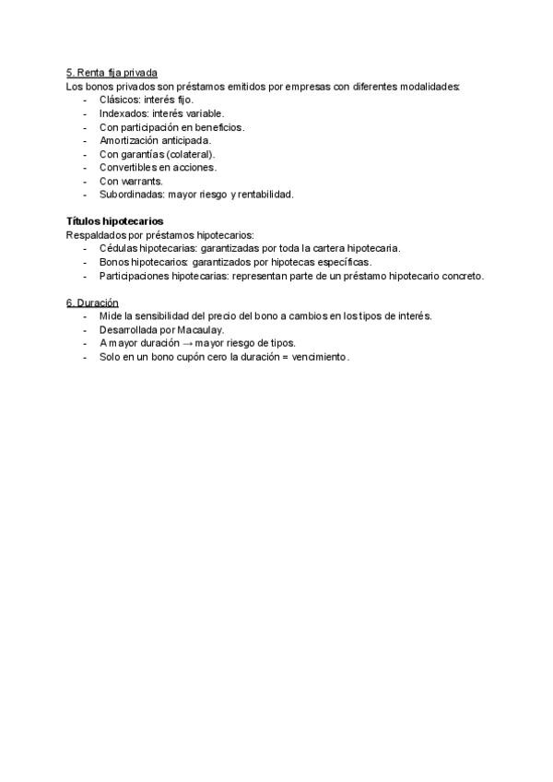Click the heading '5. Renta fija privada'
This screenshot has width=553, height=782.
pyautogui.click(x=112, y=73)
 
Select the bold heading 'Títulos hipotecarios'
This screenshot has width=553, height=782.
pyautogui.click(x=114, y=221)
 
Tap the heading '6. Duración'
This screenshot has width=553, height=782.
pyautogui.click(x=92, y=302)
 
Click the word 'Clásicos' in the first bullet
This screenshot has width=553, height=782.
pyautogui.click(x=118, y=100)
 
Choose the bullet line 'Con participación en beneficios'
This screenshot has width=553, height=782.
pyautogui.click(x=171, y=127)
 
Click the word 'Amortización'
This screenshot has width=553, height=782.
pyautogui.click(x=128, y=140)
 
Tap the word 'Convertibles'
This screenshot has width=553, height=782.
pyautogui.click(x=128, y=168)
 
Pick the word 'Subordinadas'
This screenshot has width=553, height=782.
pyautogui.click(x=131, y=195)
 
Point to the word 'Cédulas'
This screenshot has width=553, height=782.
pyautogui.click(x=117, y=248)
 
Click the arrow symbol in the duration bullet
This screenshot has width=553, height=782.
pyautogui.click(x=187, y=343)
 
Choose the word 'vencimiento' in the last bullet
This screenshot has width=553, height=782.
pyautogui.click(x=319, y=357)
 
